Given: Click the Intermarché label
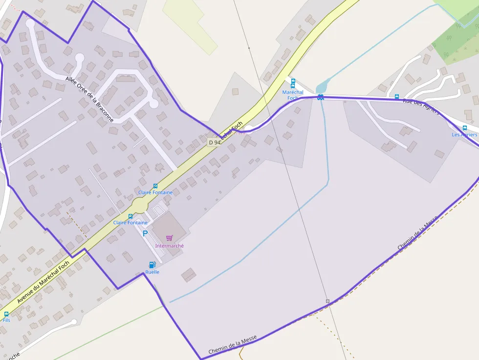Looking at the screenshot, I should pyautogui.click(x=169, y=246).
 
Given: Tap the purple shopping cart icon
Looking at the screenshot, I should pyautogui.click(x=169, y=238).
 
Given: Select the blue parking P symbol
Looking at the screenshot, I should pyautogui.click(x=145, y=233).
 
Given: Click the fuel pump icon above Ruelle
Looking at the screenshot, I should pyautogui.click(x=152, y=265).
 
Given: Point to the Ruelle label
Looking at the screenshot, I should pyautogui.click(x=152, y=272).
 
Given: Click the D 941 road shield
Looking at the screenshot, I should pyautogui.click(x=214, y=142).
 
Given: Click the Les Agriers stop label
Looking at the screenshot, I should pyautogui.click(x=464, y=135).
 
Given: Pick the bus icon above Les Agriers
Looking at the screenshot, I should pyautogui.click(x=464, y=128).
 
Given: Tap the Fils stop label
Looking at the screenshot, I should pyautogui.click(x=6, y=320).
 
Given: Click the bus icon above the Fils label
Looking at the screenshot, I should pyautogui.click(x=6, y=314).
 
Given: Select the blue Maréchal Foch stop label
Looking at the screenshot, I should pyautogui.click(x=293, y=95).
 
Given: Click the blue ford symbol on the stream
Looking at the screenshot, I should pyautogui.click(x=320, y=97).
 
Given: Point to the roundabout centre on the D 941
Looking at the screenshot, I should pyautogui.click(x=140, y=205).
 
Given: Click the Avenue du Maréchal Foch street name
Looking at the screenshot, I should pyautogui.click(x=43, y=282).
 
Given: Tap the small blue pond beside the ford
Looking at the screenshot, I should pyautogui.click(x=322, y=87).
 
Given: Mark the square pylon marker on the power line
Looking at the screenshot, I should pyautogui.click(x=327, y=301).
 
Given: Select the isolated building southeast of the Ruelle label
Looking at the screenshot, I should pyautogui.click(x=189, y=275).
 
